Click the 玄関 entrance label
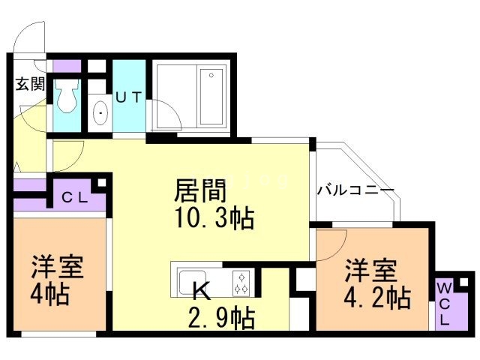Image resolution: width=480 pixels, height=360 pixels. point(29,84)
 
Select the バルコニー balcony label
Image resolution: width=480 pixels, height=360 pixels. point(355,190)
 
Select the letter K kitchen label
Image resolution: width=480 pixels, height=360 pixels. point(202,289)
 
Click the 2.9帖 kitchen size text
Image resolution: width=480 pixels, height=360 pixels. point(220,318)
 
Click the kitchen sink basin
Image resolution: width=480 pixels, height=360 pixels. point(190,282)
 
